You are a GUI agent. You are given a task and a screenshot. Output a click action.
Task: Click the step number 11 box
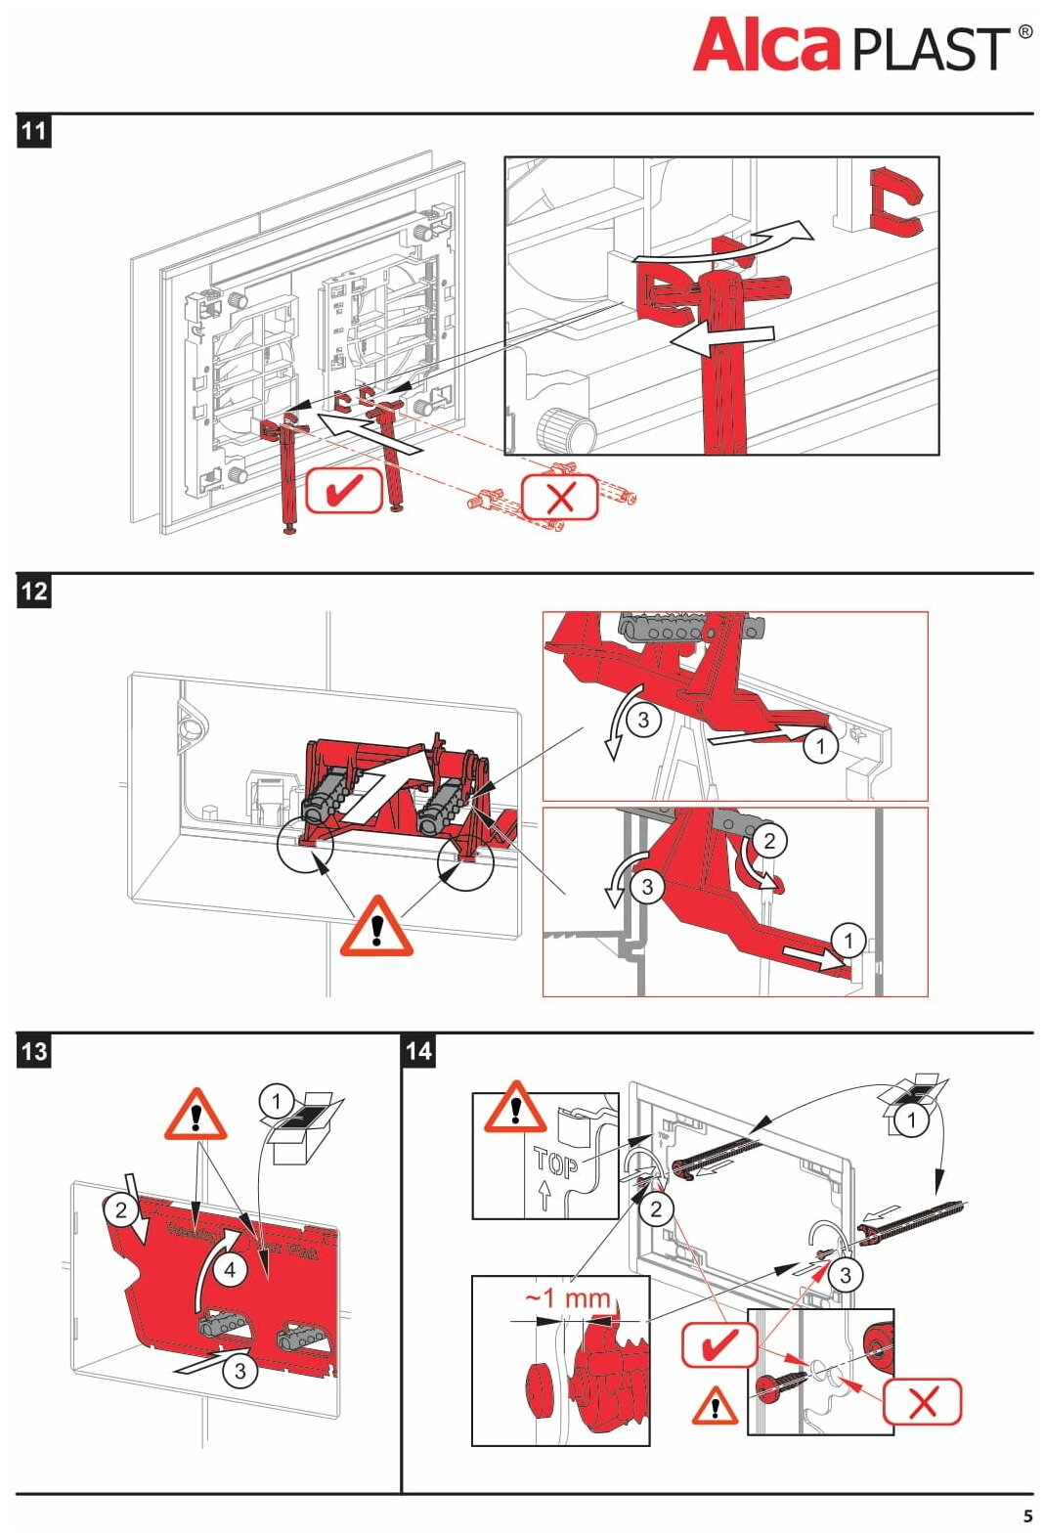pyautogui.click(x=34, y=131)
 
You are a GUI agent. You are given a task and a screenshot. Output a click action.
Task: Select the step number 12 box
pyautogui.click(x=34, y=591)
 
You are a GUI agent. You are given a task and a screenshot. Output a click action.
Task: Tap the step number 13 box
pyautogui.click(x=34, y=1051)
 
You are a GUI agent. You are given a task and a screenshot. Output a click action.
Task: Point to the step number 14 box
pyautogui.click(x=418, y=1051)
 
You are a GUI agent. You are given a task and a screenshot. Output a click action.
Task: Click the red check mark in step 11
pyautogui.click(x=344, y=490)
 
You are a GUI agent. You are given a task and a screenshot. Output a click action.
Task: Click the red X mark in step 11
pyautogui.click(x=560, y=498)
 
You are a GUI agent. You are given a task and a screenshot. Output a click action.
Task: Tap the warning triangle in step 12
pyautogui.click(x=376, y=926)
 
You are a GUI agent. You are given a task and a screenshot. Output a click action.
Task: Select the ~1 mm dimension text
pyautogui.click(x=567, y=1298)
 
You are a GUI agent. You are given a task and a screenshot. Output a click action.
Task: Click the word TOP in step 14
pyautogui.click(x=555, y=1164)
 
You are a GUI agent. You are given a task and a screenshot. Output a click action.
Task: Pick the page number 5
pyautogui.click(x=1027, y=1516)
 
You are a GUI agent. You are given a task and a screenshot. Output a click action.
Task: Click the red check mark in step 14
pyautogui.click(x=719, y=1345)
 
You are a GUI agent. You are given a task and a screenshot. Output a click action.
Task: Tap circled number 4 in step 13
pyautogui.click(x=230, y=1270)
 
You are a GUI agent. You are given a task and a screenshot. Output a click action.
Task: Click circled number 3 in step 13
pyautogui.click(x=240, y=1371)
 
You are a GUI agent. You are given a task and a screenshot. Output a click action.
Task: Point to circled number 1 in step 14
pyautogui.click(x=912, y=1120)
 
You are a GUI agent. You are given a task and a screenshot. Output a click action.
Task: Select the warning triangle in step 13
pyautogui.click(x=196, y=1117)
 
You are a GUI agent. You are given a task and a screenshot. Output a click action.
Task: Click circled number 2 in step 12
pyautogui.click(x=769, y=841)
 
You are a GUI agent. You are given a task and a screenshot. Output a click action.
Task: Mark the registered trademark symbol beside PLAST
pyautogui.click(x=1024, y=31)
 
